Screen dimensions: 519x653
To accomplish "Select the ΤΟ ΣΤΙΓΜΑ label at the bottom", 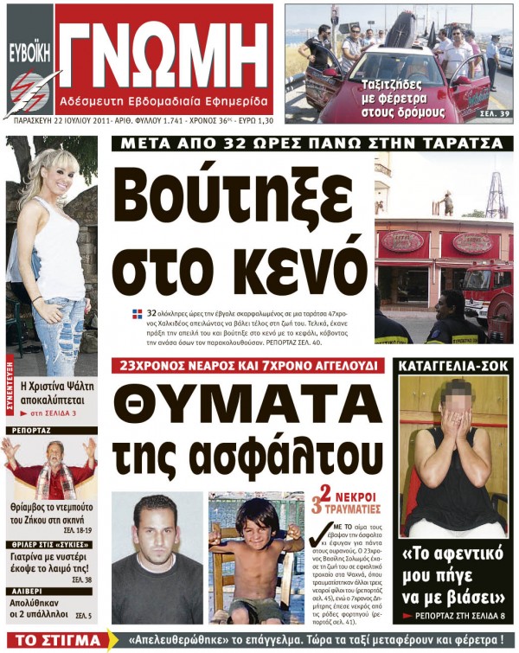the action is coord(51,642).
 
